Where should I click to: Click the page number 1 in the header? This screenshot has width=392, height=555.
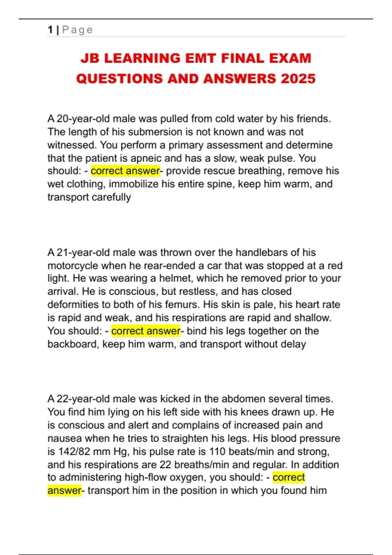pos(50,30)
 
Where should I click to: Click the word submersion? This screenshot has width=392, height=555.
pos(155,132)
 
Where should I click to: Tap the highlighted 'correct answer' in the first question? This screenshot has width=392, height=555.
pos(125,171)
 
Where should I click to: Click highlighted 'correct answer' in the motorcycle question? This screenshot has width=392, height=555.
pos(146,331)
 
